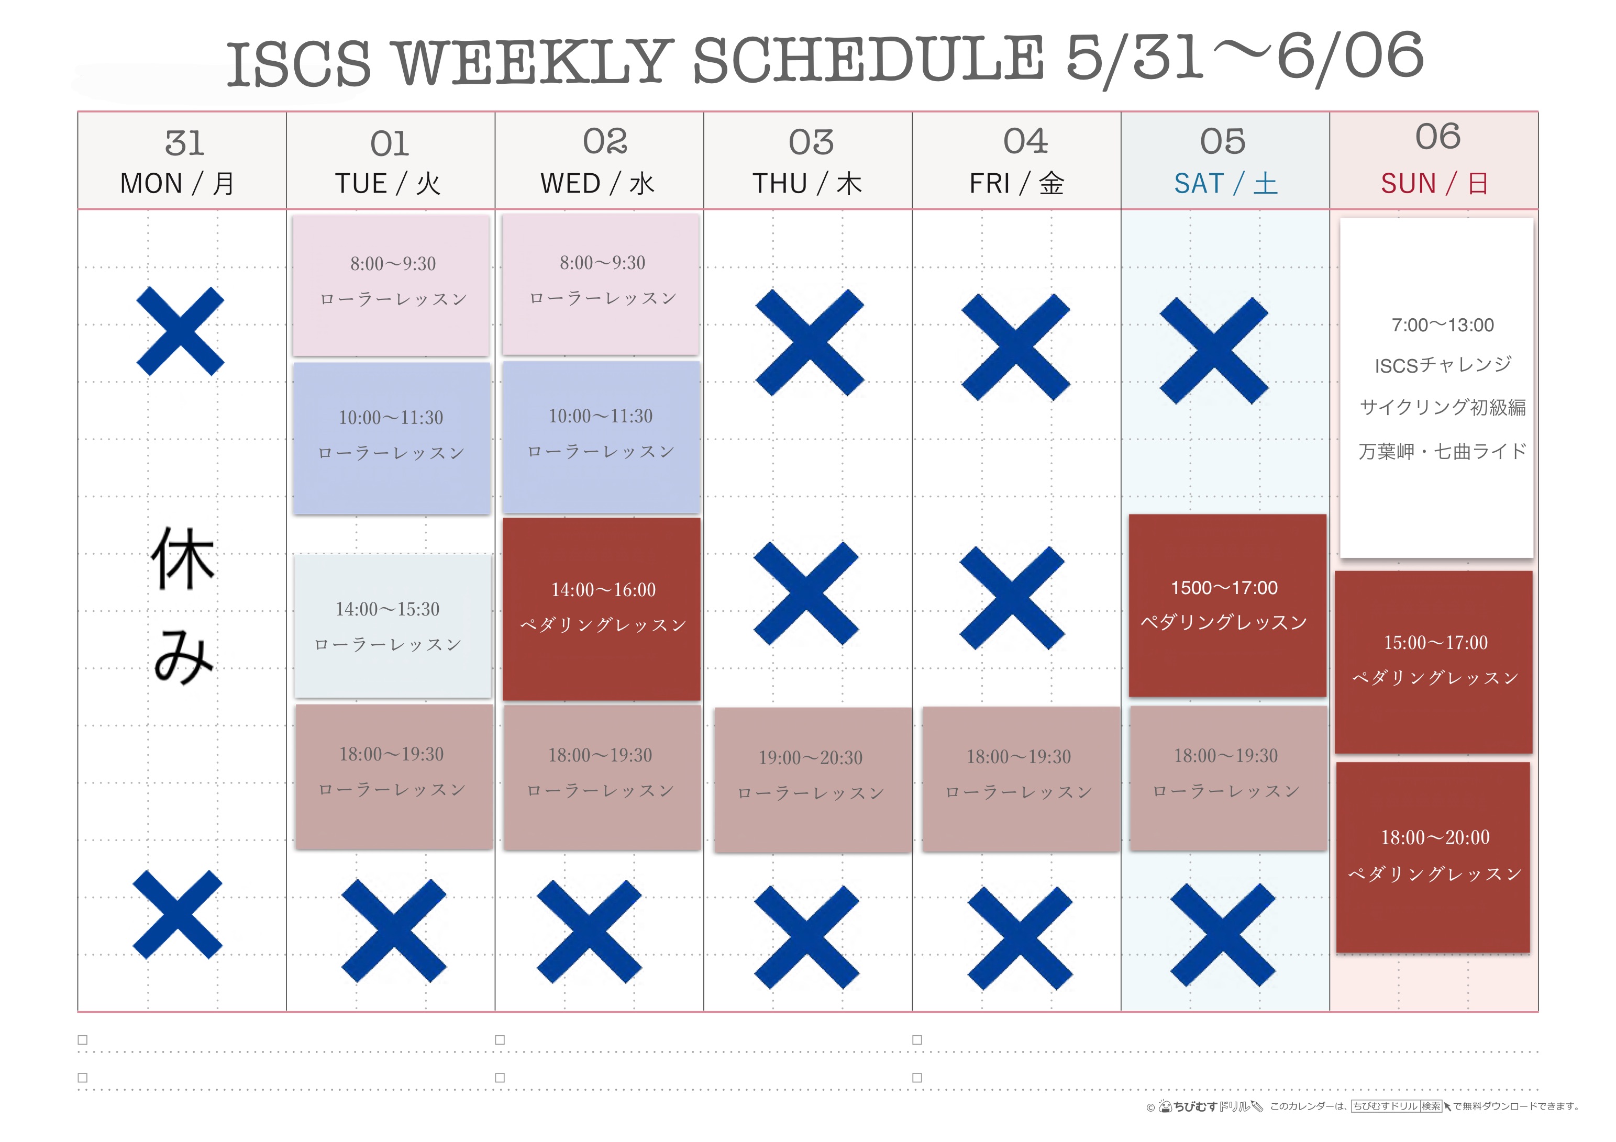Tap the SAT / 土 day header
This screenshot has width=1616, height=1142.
click(1225, 184)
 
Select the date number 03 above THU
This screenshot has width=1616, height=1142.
click(811, 143)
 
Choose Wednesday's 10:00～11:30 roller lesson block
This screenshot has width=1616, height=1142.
click(601, 437)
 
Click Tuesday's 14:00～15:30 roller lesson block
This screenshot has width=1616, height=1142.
click(393, 625)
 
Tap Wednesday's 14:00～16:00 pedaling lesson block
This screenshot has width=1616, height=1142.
click(602, 609)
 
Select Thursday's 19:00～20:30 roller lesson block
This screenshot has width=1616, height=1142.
click(812, 780)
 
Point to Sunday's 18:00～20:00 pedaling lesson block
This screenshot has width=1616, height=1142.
click(1433, 857)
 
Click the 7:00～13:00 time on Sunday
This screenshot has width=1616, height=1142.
click(1442, 325)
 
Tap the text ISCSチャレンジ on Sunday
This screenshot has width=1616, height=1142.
click(1443, 365)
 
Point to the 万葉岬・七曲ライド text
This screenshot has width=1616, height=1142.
click(1442, 451)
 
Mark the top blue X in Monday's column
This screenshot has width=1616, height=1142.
click(180, 331)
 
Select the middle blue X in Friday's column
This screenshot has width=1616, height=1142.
click(1012, 597)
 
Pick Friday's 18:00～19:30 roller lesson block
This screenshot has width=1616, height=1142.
click(1021, 779)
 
